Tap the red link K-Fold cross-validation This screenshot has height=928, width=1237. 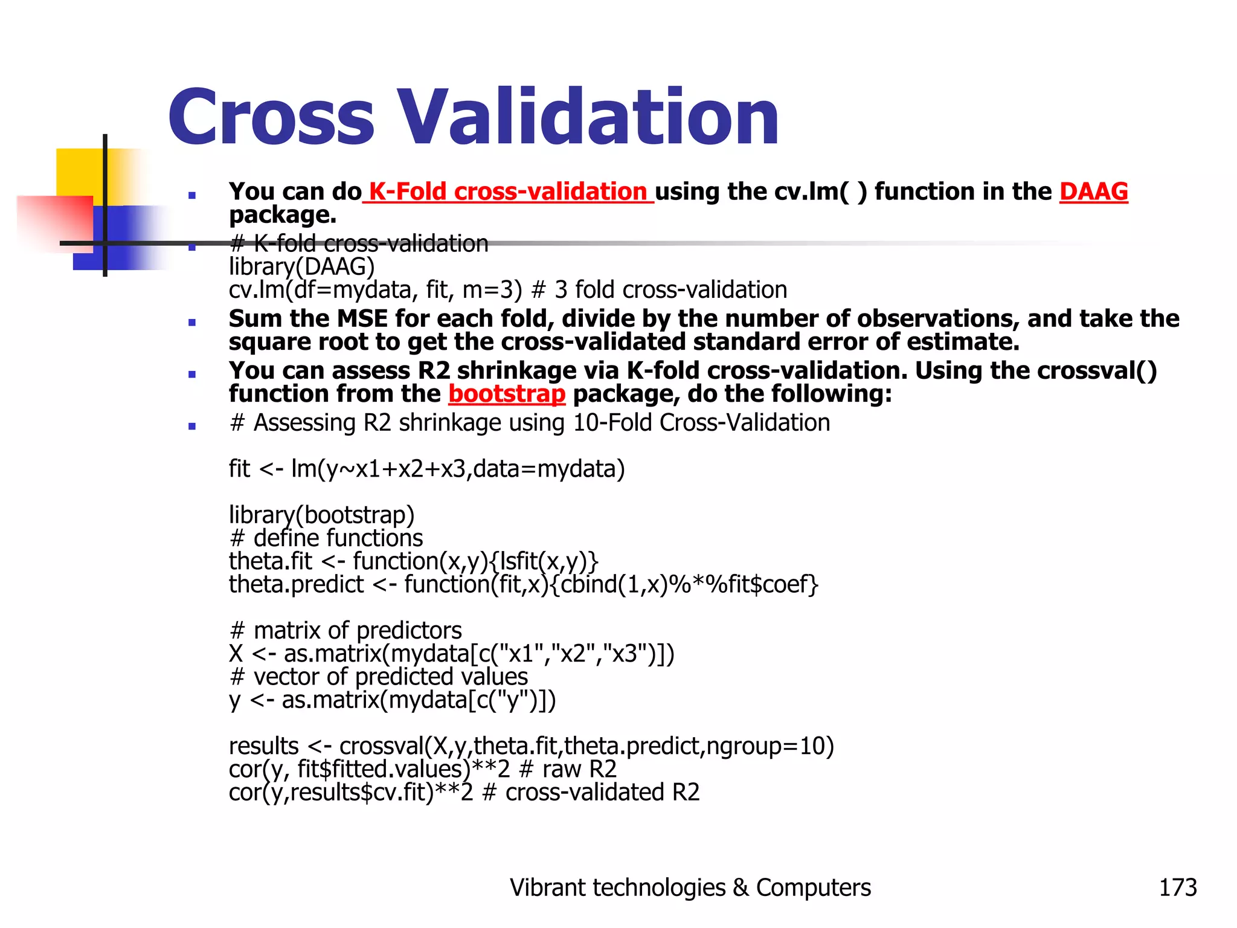point(508,192)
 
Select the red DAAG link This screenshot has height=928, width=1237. point(1093,192)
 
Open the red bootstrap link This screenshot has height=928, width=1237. point(507,394)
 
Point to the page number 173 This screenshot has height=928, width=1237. point(1177,888)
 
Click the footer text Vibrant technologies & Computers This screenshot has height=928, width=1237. point(690,888)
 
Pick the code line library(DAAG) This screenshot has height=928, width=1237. point(301,266)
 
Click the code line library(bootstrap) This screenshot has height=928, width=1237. point(321,515)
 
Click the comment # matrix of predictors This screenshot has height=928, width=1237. point(345,631)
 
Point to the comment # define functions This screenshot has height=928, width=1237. point(326,538)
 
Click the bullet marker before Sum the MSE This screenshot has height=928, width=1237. point(192,322)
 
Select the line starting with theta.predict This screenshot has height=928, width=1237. point(523,584)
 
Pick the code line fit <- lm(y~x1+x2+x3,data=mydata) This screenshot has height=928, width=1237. point(426,469)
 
